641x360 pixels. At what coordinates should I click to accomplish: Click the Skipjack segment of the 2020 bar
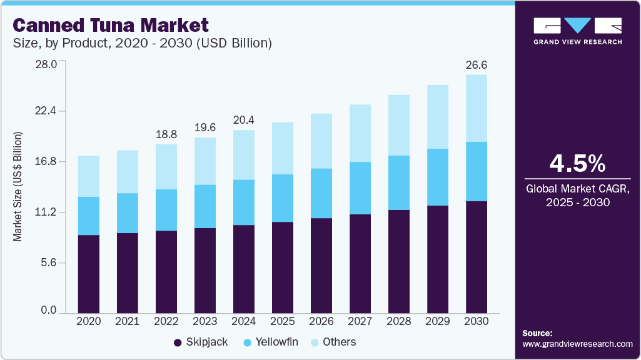click(89, 274)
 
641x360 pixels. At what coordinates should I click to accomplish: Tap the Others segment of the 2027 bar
click(360, 133)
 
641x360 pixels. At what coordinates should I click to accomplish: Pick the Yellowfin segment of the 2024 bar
click(244, 202)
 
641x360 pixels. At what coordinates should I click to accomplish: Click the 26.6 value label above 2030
click(477, 65)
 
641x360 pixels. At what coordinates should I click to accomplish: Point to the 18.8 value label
click(166, 134)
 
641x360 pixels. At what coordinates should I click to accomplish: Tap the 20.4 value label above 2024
click(244, 120)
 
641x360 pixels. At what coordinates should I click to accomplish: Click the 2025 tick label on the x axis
click(283, 321)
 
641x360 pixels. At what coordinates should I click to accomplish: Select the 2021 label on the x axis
click(128, 321)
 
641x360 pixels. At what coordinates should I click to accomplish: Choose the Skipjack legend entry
click(200, 342)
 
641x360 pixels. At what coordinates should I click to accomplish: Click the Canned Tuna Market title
click(110, 26)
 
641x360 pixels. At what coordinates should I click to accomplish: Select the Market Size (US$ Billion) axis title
click(18, 186)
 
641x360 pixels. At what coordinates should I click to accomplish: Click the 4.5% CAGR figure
click(577, 163)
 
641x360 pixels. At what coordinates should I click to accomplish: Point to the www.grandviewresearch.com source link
click(577, 344)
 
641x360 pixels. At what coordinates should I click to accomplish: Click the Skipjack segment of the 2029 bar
click(438, 259)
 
